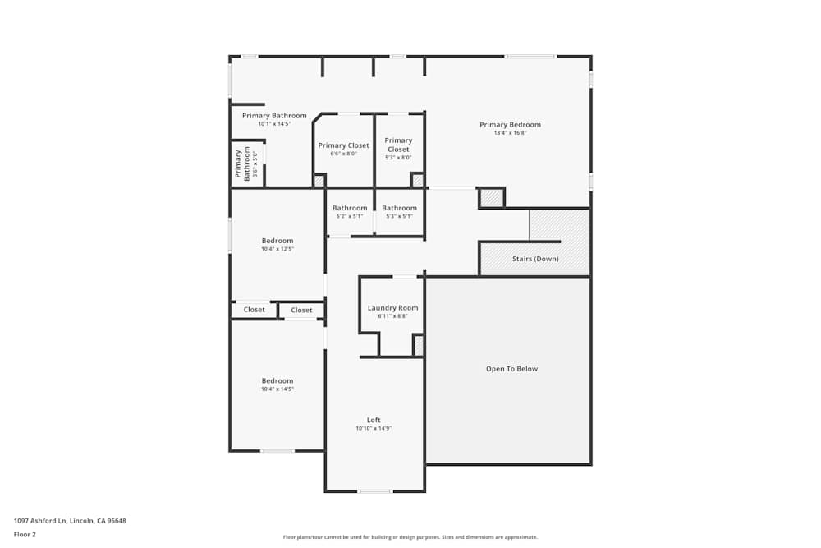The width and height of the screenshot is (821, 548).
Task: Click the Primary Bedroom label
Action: (x=510, y=125)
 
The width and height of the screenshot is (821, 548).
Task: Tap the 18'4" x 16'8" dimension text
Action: (x=510, y=133)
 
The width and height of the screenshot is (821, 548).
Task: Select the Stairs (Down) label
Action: (x=535, y=259)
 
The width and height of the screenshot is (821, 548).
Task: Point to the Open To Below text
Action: (x=511, y=369)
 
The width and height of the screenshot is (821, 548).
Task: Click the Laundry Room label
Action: (x=392, y=308)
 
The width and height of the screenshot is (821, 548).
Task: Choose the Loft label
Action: (x=374, y=420)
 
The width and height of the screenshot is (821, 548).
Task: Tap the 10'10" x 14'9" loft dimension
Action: (x=374, y=428)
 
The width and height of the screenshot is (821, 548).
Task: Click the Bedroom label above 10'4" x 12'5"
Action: (x=277, y=241)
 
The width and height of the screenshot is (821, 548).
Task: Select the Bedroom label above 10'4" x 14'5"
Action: (x=277, y=381)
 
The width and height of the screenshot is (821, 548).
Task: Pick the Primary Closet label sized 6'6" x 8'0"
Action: (x=344, y=145)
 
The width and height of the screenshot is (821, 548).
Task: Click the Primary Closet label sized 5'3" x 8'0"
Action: (x=398, y=145)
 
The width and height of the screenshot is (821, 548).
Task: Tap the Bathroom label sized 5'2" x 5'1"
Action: (x=350, y=208)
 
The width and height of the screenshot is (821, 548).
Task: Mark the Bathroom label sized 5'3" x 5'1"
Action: (x=399, y=208)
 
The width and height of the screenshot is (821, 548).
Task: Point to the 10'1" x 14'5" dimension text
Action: (x=274, y=124)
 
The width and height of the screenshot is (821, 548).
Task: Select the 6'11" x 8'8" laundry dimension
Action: (x=392, y=316)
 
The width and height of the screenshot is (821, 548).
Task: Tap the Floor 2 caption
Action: (x=25, y=534)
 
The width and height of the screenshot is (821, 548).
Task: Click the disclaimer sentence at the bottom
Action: (x=410, y=537)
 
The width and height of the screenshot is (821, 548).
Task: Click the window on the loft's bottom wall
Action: (x=374, y=491)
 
